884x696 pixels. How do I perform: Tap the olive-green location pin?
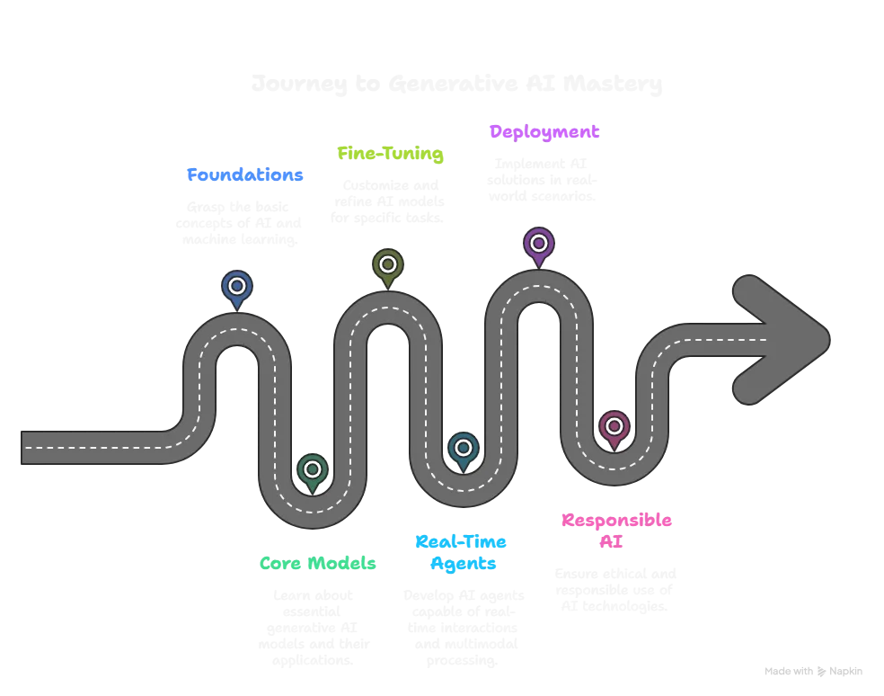coord(387,265)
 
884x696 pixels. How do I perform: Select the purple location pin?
coord(538,244)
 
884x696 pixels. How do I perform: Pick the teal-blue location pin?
coord(463,449)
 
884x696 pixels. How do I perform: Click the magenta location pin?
coord(614,427)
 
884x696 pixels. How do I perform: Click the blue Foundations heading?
coord(245,174)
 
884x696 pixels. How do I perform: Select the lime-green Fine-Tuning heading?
coord(390,154)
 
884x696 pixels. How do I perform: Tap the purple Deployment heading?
coord(544,132)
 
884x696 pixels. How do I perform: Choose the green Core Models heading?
coord(319,564)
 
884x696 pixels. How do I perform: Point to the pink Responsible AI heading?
coord(616,531)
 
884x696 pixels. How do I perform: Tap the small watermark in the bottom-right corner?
coord(810,668)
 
